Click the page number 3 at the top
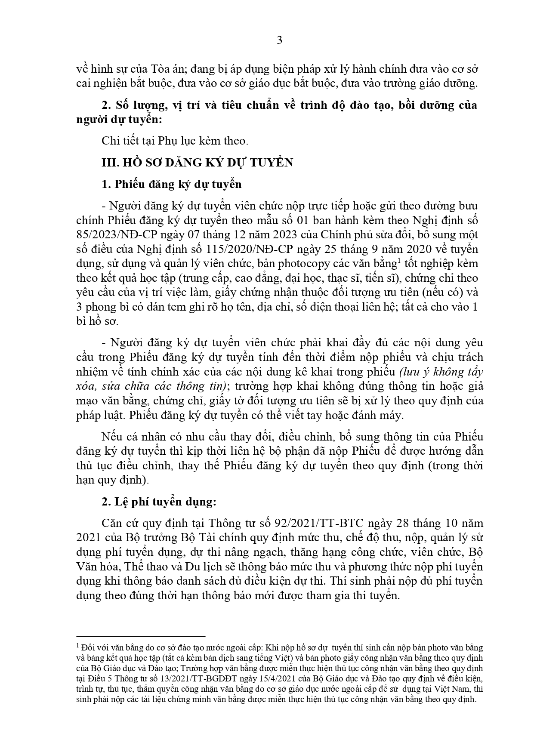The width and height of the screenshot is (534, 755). point(279,40)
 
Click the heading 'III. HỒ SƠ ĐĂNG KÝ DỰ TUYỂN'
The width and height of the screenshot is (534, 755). point(197,162)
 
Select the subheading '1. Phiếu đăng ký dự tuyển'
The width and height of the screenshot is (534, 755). point(171,184)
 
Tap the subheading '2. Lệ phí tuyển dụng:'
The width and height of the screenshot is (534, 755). point(159,502)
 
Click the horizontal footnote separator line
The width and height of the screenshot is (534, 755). point(140,636)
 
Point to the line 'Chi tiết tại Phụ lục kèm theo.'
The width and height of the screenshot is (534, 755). point(175,141)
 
